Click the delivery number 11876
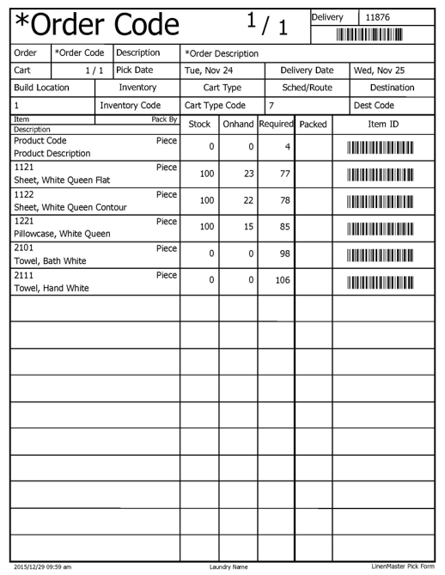click(379, 17)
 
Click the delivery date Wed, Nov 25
click(381, 70)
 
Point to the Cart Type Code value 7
click(271, 106)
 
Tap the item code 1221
click(24, 221)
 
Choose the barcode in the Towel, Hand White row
click(380, 281)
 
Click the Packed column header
click(314, 125)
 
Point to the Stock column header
click(198, 125)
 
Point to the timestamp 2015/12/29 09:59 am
click(43, 567)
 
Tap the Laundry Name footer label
click(229, 567)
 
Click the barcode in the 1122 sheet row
click(380, 201)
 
